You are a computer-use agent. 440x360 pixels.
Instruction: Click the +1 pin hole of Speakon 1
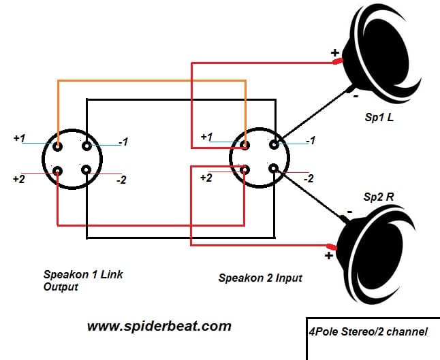coord(58,145)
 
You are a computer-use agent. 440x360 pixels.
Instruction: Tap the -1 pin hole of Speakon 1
coord(86,145)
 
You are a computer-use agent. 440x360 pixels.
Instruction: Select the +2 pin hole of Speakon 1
coord(58,171)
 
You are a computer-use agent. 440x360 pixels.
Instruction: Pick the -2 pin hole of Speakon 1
coord(86,171)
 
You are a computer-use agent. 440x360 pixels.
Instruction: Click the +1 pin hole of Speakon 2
coord(246,144)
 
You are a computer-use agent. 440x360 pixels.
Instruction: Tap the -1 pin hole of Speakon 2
coord(274,144)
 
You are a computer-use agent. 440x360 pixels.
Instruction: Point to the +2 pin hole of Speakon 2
coord(246,169)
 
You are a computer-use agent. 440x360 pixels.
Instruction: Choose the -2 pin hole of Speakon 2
coord(274,169)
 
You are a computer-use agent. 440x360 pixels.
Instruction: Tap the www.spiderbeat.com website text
coord(159,326)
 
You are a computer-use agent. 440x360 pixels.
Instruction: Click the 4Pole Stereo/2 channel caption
coord(367,332)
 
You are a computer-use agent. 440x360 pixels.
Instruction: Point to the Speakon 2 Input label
coord(260,278)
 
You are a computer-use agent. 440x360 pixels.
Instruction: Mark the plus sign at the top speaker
coord(334,52)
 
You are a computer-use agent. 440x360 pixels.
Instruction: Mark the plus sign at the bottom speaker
coord(328,256)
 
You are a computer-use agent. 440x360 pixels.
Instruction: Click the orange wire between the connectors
coord(150,81)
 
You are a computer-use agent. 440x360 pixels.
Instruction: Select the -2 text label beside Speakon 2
coord(308,179)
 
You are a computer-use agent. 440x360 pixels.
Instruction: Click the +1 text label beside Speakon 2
coord(206,137)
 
